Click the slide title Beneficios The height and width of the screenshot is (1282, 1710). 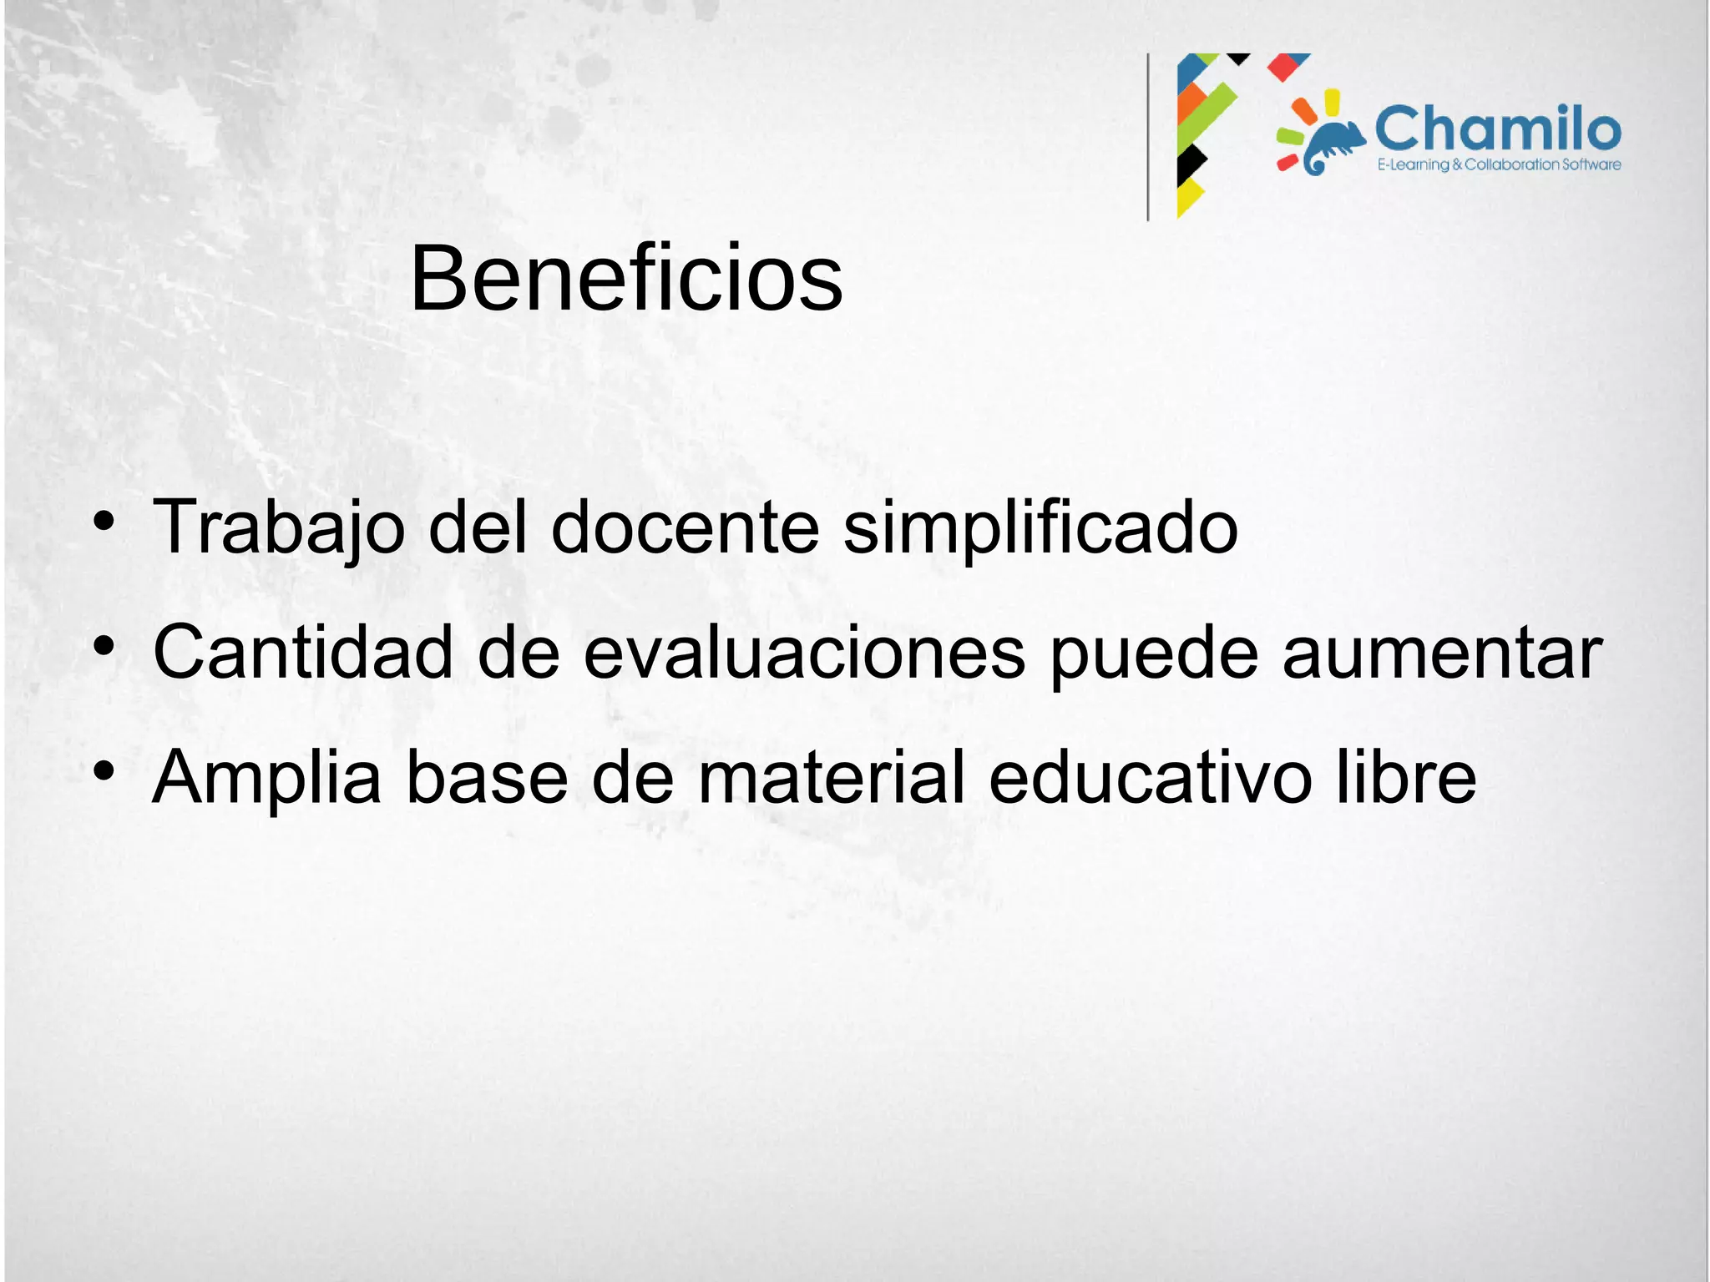pyautogui.click(x=626, y=278)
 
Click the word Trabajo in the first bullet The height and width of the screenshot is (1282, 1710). pyautogui.click(x=279, y=527)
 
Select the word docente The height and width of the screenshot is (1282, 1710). pyautogui.click(x=685, y=527)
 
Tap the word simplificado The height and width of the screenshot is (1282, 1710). pyautogui.click(x=1040, y=527)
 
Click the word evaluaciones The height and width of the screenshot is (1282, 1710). pyautogui.click(x=804, y=652)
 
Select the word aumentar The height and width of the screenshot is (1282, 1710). pyautogui.click(x=1442, y=654)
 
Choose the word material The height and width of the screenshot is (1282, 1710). pyautogui.click(x=832, y=777)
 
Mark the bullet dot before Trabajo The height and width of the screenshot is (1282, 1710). pyautogui.click(x=104, y=523)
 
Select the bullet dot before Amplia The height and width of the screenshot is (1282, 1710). pyautogui.click(x=104, y=770)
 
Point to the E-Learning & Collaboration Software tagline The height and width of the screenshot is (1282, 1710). pyautogui.click(x=1499, y=165)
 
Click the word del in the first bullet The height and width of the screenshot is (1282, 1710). pyautogui.click(x=478, y=527)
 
